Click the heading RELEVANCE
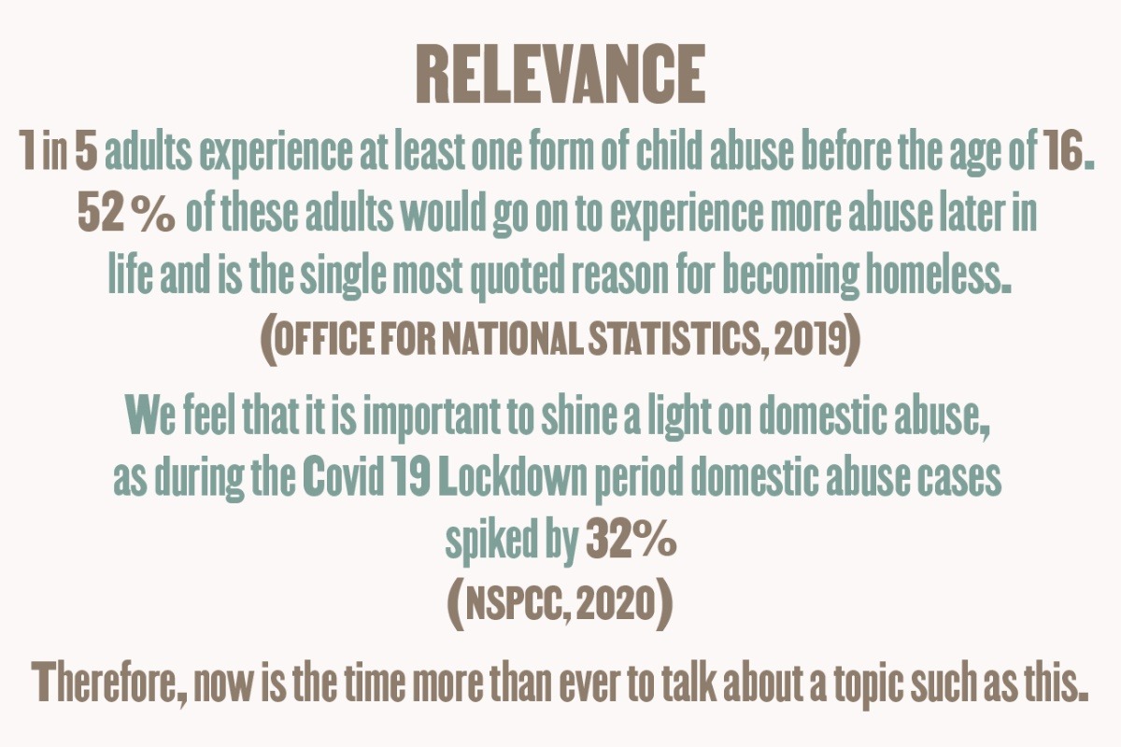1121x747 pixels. coord(560,74)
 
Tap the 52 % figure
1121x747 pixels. coord(127,214)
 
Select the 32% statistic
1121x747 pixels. coord(631,540)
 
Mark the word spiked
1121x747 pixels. coord(487,543)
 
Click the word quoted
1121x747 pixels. coord(518,277)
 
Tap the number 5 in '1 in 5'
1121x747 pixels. coord(86,150)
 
